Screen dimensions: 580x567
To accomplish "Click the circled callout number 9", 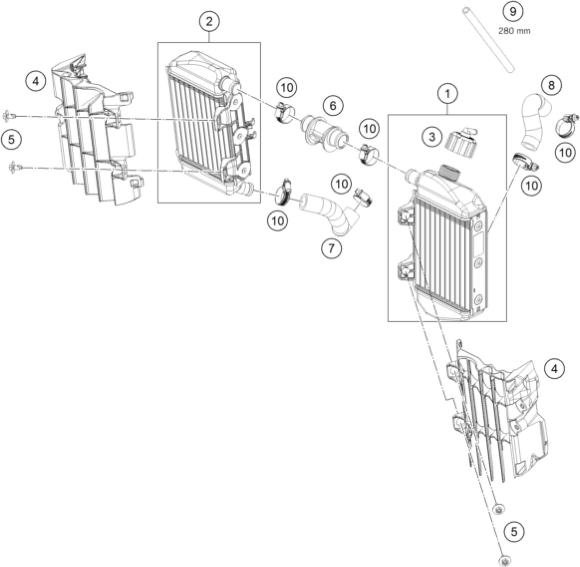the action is click(x=513, y=12).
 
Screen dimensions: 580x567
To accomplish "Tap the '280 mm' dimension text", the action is click(x=514, y=31).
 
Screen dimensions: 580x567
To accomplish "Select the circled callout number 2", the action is click(x=209, y=22).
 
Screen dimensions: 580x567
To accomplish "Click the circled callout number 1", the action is click(x=447, y=94).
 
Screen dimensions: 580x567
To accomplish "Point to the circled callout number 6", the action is click(x=332, y=106).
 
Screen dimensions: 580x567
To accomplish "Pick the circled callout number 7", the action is click(x=331, y=248).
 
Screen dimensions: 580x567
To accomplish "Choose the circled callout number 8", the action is click(x=551, y=85).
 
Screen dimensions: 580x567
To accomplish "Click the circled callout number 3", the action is click(x=432, y=136).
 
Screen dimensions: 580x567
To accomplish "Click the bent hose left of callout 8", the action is click(x=534, y=121).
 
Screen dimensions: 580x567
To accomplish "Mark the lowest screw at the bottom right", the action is click(x=505, y=560).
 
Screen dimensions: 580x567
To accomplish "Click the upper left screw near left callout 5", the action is click(x=8, y=116).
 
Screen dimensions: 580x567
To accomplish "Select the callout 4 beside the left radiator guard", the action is click(x=36, y=81).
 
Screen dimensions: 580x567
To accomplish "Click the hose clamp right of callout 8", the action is click(x=567, y=125).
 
